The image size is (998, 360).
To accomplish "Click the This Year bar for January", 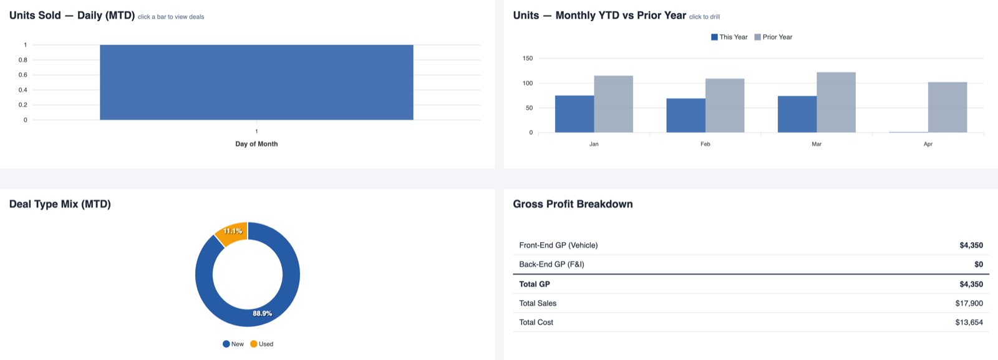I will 574,114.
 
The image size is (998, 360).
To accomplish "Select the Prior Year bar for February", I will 724,105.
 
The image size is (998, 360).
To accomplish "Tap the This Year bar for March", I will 797,114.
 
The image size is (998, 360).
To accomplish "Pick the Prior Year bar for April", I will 947,107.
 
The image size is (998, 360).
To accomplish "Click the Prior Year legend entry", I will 773,37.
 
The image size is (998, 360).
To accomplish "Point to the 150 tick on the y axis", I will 528,59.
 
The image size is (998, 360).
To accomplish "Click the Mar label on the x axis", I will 816,144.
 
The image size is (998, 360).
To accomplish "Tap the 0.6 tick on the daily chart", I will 23,75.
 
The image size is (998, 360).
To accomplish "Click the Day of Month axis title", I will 256,144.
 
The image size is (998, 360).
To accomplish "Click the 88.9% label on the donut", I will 262,314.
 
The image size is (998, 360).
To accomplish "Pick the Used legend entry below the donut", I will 262,344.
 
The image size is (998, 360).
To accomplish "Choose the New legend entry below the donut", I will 233,344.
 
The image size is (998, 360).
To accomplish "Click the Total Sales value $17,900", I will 969,303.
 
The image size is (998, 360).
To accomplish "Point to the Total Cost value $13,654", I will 969,323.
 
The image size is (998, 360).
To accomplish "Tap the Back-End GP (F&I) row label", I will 551,265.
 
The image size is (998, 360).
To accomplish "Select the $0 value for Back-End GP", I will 978,265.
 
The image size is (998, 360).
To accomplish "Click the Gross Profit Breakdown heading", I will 573,204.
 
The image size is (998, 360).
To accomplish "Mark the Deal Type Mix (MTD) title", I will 60,204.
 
